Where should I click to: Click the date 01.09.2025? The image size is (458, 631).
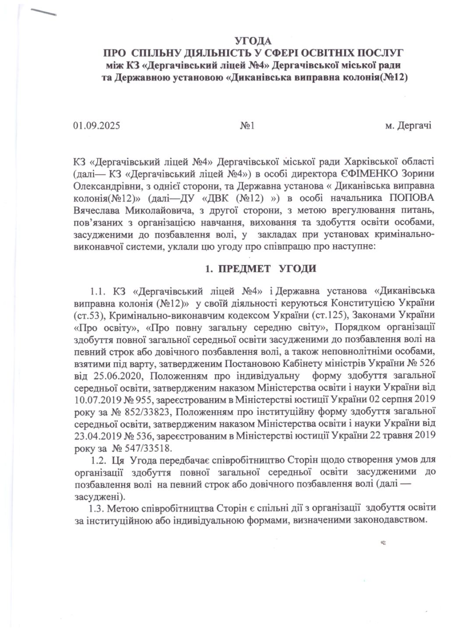click(x=96, y=126)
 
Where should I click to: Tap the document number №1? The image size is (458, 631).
click(x=247, y=126)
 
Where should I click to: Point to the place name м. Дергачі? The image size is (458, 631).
click(x=407, y=126)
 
